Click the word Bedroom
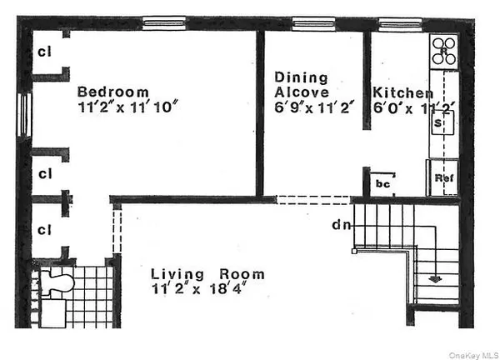pos(113,92)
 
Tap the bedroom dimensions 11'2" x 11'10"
pos(127,107)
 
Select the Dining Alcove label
pos(302,85)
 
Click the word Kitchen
pos(402,93)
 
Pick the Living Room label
pos(207,274)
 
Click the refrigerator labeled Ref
pos(442,177)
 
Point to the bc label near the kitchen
pos(383,182)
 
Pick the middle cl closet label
pos(45,174)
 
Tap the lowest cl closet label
pos(45,227)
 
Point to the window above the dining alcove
pos(313,23)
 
